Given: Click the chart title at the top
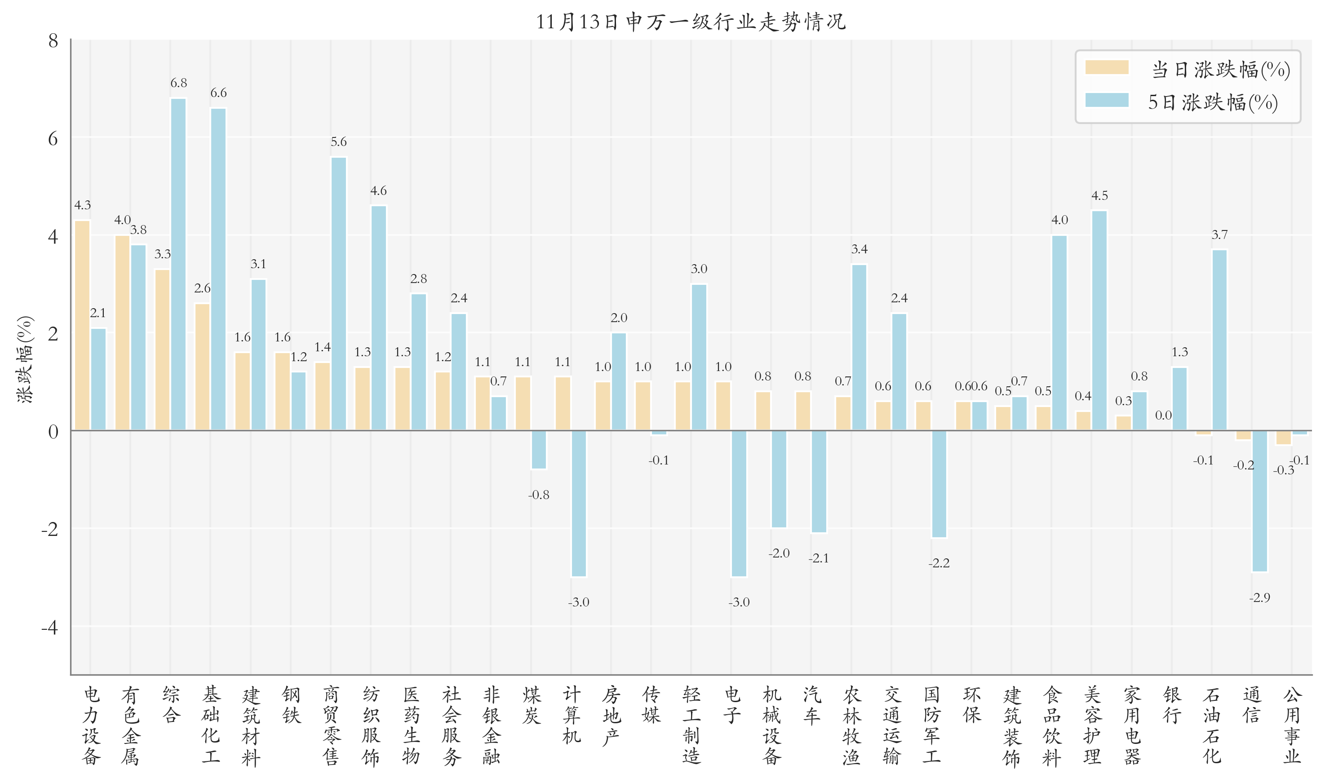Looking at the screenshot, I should click(691, 22).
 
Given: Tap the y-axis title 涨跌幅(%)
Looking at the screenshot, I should click(25, 359).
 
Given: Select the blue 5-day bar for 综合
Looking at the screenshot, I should click(178, 264).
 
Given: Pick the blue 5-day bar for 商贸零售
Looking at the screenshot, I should click(339, 293).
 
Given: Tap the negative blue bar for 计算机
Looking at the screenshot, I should click(579, 503).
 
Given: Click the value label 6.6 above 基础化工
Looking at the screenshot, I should click(218, 93).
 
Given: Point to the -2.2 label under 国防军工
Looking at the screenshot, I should click(939, 563).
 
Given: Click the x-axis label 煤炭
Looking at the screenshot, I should click(532, 705).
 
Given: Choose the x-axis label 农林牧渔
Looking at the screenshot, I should click(852, 725).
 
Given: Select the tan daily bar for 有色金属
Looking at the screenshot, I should click(122, 332).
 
